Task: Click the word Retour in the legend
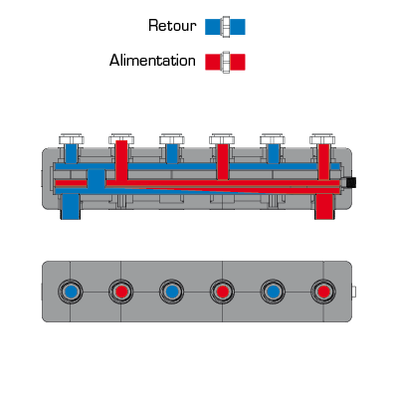click(172, 26)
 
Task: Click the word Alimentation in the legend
click(152, 61)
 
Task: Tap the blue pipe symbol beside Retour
click(225, 27)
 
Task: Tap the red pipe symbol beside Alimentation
click(225, 62)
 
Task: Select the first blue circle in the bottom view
click(71, 292)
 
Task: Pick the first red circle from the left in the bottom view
click(121, 292)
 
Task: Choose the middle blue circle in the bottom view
click(172, 292)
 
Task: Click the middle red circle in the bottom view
click(222, 292)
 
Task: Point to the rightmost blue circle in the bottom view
click(273, 292)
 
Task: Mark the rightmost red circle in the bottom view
click(323, 292)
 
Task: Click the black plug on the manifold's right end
click(350, 182)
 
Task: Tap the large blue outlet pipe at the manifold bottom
click(71, 207)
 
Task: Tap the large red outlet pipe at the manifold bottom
click(323, 207)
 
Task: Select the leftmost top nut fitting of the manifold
click(71, 139)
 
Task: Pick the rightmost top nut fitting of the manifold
click(322, 139)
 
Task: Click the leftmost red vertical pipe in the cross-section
click(121, 160)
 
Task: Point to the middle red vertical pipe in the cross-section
click(223, 162)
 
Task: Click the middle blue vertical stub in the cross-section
click(172, 153)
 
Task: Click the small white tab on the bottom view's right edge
click(353, 292)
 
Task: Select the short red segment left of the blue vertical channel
click(71, 183)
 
